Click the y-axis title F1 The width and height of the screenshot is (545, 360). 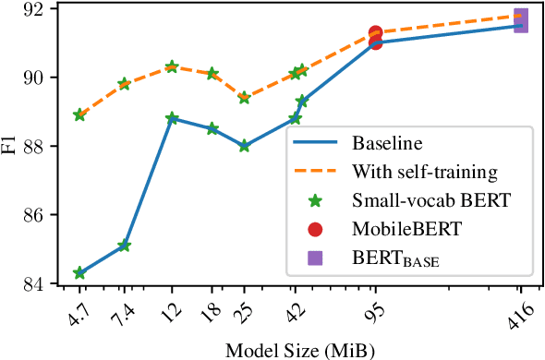tap(10, 145)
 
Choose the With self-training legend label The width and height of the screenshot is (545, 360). tap(425, 172)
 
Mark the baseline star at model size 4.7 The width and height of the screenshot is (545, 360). tap(79, 273)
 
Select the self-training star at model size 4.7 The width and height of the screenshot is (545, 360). tap(79, 115)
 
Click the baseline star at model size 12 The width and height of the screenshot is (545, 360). tap(172, 118)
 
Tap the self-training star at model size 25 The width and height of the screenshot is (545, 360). tap(244, 98)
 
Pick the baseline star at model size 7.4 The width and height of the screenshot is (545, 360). tap(124, 246)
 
